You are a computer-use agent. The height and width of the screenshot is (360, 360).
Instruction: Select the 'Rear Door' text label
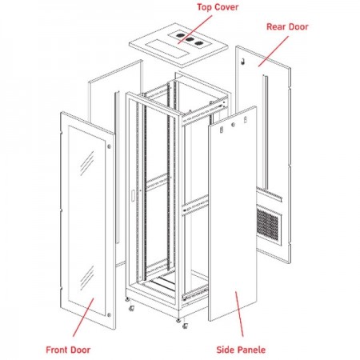(x=286, y=26)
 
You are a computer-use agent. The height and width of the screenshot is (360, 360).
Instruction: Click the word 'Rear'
(x=275, y=26)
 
